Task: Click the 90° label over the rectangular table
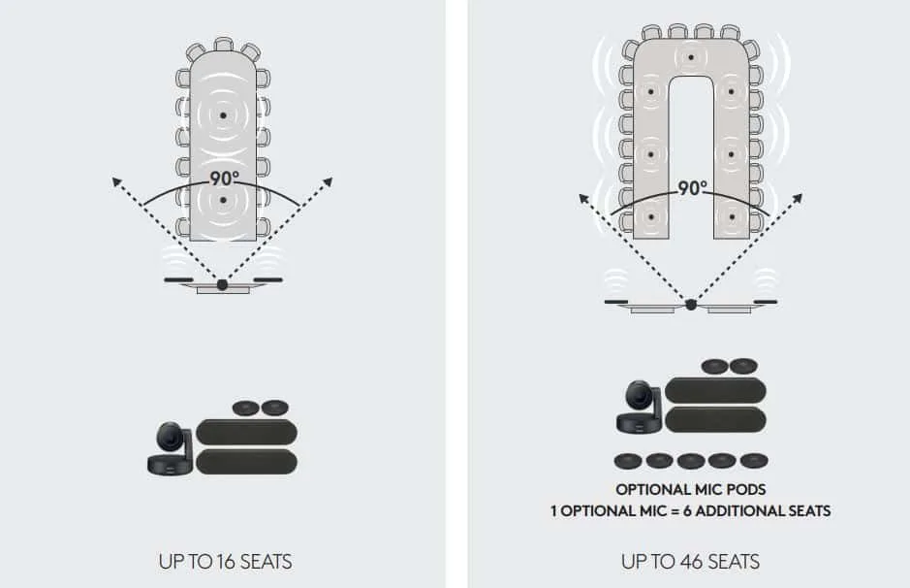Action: click(x=224, y=178)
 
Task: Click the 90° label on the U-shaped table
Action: click(x=692, y=187)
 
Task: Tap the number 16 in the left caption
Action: click(x=224, y=562)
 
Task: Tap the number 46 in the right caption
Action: click(x=688, y=562)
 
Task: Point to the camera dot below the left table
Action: click(x=222, y=284)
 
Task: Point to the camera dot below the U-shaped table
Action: click(x=691, y=305)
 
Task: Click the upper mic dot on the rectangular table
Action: click(x=223, y=115)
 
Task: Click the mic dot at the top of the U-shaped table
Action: click(x=691, y=57)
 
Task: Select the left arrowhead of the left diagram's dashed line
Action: click(x=116, y=182)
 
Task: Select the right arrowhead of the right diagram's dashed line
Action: click(x=798, y=199)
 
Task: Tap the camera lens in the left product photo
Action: click(x=170, y=437)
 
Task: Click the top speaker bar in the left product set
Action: click(x=247, y=433)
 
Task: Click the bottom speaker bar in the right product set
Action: click(x=715, y=420)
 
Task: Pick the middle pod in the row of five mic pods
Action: click(x=691, y=461)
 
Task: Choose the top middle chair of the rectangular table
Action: click(x=224, y=45)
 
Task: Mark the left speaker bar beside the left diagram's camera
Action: click(x=178, y=280)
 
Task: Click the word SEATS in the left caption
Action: click(x=266, y=562)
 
